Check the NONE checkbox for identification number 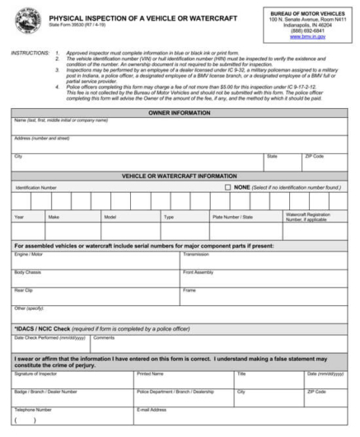228,187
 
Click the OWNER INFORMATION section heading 180,112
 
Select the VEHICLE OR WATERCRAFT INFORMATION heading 180,176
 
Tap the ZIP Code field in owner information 314,156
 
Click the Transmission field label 196,255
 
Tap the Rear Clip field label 24,290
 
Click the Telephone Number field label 33,409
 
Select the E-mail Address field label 153,409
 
